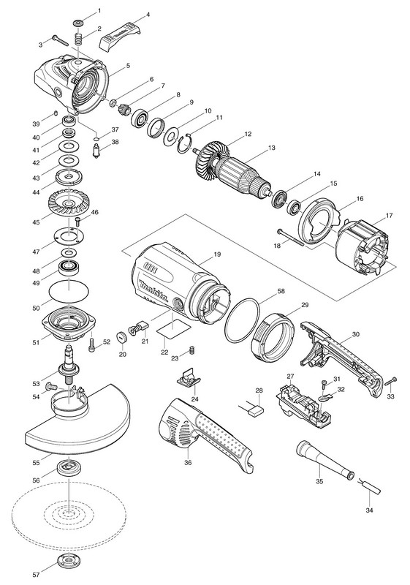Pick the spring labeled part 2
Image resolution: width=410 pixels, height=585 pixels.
79,39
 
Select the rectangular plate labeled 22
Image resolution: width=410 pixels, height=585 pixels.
173,331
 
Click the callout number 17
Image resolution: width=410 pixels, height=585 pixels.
389,216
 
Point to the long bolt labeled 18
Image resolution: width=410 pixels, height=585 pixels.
291,237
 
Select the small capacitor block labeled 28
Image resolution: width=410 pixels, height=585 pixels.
256,411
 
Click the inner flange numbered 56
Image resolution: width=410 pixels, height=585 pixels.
69,468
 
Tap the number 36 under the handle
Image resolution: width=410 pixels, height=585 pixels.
188,463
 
